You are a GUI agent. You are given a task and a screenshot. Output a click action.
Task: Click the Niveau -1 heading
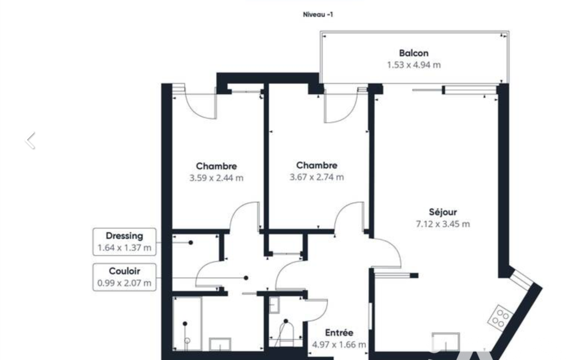pyautogui.click(x=318, y=14)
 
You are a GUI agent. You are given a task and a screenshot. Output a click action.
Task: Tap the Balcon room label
pyautogui.click(x=414, y=53)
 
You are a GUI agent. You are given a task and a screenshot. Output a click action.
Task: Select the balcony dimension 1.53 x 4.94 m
pyautogui.click(x=414, y=65)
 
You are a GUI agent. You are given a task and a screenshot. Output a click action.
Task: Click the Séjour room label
pyautogui.click(x=443, y=212)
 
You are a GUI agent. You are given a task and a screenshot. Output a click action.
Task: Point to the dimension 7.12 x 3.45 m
pyautogui.click(x=443, y=224)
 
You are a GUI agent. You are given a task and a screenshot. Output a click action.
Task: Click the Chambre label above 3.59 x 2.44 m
pyautogui.click(x=216, y=166)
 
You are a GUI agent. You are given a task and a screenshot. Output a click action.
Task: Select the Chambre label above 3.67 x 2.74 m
pyautogui.click(x=316, y=166)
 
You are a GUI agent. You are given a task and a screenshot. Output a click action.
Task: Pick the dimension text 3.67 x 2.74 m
pyautogui.click(x=316, y=177)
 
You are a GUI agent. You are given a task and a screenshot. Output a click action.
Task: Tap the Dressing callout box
pyautogui.click(x=125, y=242)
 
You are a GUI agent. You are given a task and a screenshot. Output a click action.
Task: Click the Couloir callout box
pyautogui.click(x=125, y=277)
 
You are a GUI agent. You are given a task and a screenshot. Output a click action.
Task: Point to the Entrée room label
pyautogui.click(x=339, y=333)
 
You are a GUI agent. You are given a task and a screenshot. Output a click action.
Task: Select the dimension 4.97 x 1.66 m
pyautogui.click(x=339, y=345)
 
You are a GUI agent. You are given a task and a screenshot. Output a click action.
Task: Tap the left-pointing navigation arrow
pyautogui.click(x=30, y=141)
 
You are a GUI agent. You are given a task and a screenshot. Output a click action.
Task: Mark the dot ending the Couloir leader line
pyautogui.click(x=246, y=278)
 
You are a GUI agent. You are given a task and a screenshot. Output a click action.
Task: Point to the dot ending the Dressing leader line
pyautogui.click(x=191, y=243)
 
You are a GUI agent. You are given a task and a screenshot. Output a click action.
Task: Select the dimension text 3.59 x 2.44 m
pyautogui.click(x=216, y=178)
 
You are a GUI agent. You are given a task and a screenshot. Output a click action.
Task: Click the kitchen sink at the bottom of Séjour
pyautogui.click(x=446, y=342)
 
